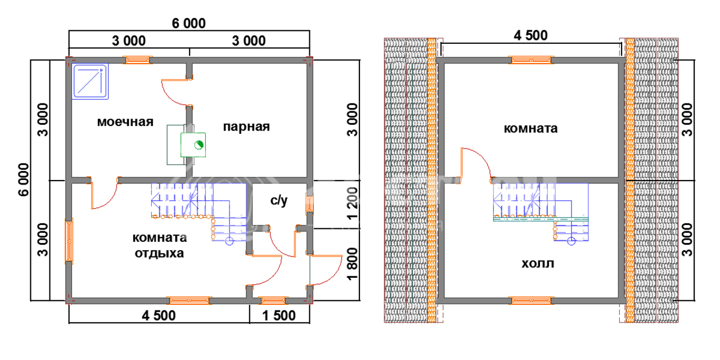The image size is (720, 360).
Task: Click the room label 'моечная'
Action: pyautogui.click(x=125, y=122)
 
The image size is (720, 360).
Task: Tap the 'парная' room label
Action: pyautogui.click(x=246, y=127)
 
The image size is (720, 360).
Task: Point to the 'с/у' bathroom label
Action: pyautogui.click(x=278, y=200)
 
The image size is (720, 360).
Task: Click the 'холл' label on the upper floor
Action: pyautogui.click(x=537, y=263)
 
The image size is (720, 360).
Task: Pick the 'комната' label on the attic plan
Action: pyautogui.click(x=530, y=128)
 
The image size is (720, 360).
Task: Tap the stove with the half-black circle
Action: pyautogui.click(x=193, y=145)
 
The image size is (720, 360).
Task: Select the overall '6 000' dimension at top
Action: pyautogui.click(x=188, y=23)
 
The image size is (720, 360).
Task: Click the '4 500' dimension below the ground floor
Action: pyautogui.click(x=159, y=316)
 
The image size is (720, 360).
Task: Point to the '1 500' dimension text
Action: pyautogui.click(x=278, y=316)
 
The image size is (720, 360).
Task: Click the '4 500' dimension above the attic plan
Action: pyautogui.click(x=530, y=35)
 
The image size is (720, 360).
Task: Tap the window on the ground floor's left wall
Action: pyautogui.click(x=69, y=241)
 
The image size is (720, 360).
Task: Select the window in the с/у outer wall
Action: pyautogui.click(x=309, y=202)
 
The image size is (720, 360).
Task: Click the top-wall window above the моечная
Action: pyautogui.click(x=138, y=59)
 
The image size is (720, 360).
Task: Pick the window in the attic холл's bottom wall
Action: pyautogui.click(x=532, y=300)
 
